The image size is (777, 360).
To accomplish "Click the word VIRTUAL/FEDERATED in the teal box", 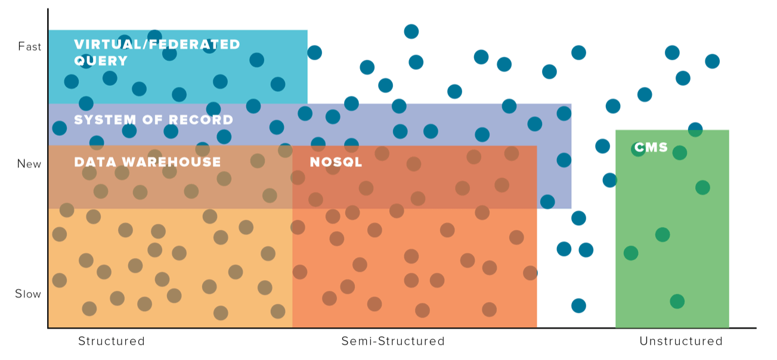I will (x=157, y=44).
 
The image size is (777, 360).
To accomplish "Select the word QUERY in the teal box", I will (x=101, y=61).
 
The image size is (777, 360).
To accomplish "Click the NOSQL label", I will (x=336, y=162).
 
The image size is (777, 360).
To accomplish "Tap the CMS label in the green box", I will (x=651, y=147).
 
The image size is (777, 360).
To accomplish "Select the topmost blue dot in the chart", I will (x=411, y=32).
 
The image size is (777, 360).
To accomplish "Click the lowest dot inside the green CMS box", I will (x=677, y=301).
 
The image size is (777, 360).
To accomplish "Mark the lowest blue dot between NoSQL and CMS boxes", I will (x=578, y=306).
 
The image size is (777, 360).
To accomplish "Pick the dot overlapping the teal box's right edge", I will (x=314, y=52).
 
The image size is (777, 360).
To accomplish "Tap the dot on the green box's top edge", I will (x=695, y=129).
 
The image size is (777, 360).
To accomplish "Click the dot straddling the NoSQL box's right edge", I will (x=531, y=273).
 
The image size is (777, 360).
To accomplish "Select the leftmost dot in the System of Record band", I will (x=60, y=128).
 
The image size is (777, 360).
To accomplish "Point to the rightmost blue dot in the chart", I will (x=712, y=61).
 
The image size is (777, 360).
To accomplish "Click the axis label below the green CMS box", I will (x=680, y=342).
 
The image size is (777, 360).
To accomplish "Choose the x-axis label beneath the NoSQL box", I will (x=392, y=342).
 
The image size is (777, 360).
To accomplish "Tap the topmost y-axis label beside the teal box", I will (x=29, y=45).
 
